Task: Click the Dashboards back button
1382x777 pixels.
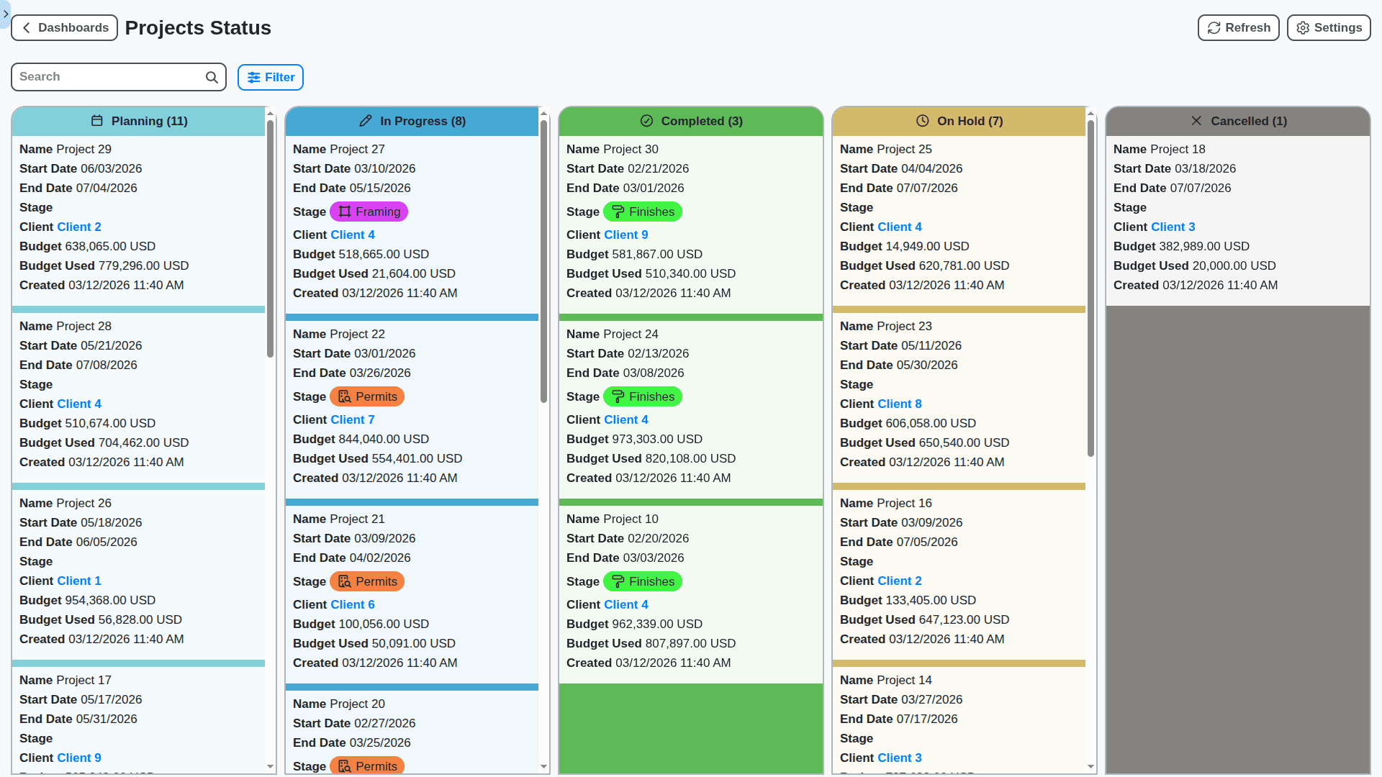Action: coord(64,28)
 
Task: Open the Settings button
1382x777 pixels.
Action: coord(1328,28)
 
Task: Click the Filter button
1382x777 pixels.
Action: coord(271,78)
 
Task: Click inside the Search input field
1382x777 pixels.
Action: coord(108,77)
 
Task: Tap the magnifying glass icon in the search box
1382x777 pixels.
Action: coord(212,78)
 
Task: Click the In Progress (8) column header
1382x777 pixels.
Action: coord(412,122)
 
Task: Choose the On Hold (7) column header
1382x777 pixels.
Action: coord(959,122)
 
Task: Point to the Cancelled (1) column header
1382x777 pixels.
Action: coord(1237,122)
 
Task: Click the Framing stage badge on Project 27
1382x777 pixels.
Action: coord(369,212)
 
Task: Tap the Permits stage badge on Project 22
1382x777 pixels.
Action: coord(367,397)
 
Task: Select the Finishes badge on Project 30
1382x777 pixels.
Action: coord(642,212)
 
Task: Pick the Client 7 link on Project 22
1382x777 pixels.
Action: coord(352,420)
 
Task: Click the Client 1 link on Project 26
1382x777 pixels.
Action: coord(78,581)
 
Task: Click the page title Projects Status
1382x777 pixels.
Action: coord(198,28)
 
